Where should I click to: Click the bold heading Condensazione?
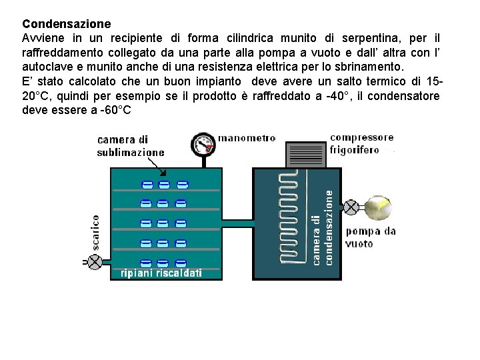pos(67,25)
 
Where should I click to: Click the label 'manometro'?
pos(247,139)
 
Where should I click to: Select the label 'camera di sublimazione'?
pos(131,146)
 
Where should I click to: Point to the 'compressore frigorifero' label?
pos(361,144)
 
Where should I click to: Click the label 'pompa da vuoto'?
pos(370,237)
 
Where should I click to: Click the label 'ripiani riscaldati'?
pos(161,273)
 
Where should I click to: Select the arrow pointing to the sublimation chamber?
pos(177,153)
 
